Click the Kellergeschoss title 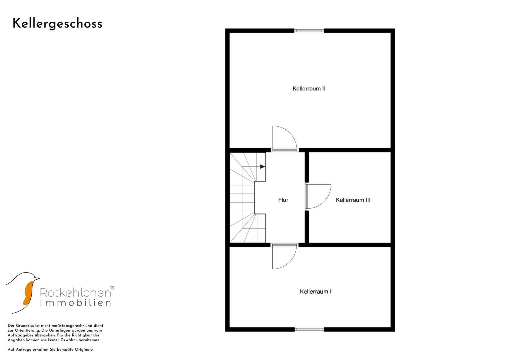[57, 24]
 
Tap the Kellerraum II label [309, 89]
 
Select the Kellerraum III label [353, 200]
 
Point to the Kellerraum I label [316, 291]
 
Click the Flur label [283, 200]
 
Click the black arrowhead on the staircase [263, 167]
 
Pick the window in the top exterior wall [309, 31]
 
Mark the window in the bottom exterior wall [309, 329]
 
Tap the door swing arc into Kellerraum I [291, 261]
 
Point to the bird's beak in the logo [37, 278]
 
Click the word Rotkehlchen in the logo [75, 293]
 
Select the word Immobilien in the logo [75, 303]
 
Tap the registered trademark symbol [112, 288]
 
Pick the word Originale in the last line [84, 350]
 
